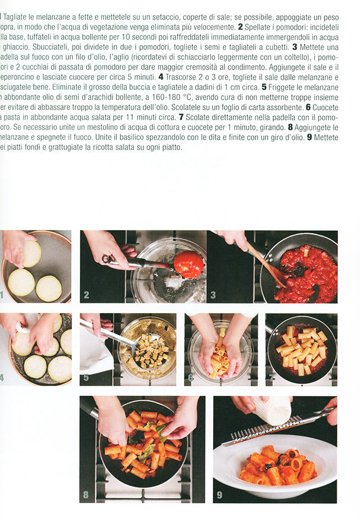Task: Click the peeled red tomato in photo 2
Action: [x=188, y=264]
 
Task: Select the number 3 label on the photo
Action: [x=213, y=295]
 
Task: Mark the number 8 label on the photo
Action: [x=85, y=495]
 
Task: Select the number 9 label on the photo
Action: [x=219, y=495]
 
